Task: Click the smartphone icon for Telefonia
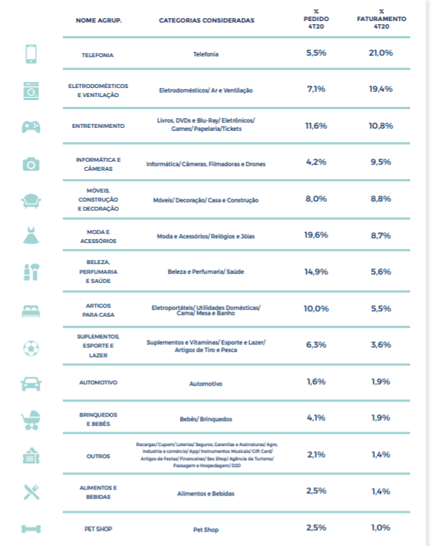tap(31, 54)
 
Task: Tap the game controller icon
tap(31, 127)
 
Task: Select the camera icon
tap(31, 164)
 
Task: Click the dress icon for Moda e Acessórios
tap(31, 235)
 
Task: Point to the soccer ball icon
tap(31, 348)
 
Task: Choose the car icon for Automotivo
tap(31, 384)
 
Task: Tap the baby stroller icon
tap(31, 420)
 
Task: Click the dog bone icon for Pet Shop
tap(31, 529)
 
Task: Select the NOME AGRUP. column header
tap(99, 20)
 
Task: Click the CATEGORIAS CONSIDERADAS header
tap(207, 20)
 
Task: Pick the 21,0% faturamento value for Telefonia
tap(381, 53)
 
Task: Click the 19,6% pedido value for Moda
tap(316, 235)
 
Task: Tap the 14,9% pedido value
tap(316, 271)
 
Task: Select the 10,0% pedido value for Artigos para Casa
tap(316, 308)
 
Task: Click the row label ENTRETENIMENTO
tap(99, 126)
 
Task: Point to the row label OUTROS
tap(99, 457)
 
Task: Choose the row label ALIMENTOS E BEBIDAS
tap(99, 493)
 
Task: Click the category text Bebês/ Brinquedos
tap(206, 419)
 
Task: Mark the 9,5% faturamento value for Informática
tap(381, 162)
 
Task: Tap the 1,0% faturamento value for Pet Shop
tap(381, 527)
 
